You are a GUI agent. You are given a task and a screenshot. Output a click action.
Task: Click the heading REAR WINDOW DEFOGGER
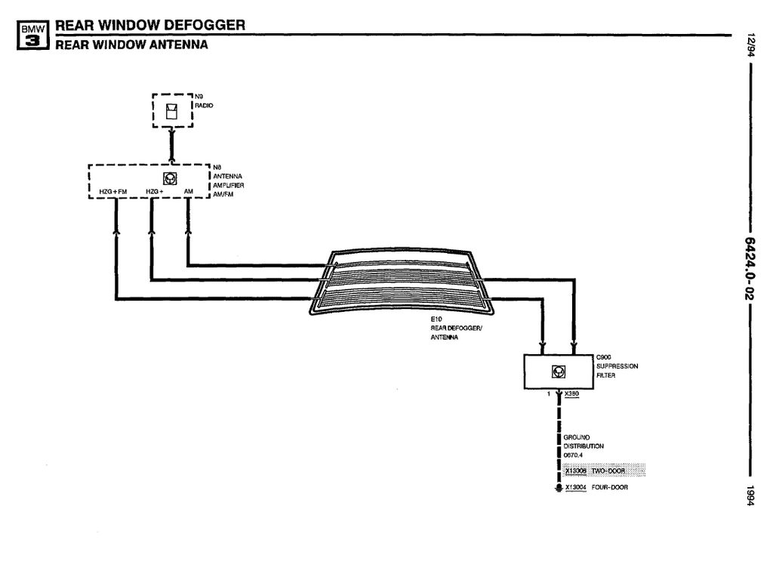150,25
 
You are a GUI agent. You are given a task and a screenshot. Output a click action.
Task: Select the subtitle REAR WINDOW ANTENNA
131,45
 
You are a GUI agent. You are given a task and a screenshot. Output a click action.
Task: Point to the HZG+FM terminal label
113,192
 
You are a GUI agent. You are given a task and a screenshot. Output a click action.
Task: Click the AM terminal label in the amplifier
188,192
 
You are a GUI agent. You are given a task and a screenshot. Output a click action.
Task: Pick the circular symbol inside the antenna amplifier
171,178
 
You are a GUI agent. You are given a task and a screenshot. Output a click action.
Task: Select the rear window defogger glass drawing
400,282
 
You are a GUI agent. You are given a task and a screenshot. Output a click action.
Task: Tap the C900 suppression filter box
558,371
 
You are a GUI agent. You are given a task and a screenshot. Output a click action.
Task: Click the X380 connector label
571,394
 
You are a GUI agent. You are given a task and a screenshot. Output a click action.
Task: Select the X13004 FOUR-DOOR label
596,488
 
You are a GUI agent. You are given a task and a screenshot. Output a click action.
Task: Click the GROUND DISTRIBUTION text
583,446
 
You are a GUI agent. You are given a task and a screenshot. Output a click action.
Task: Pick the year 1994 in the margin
750,495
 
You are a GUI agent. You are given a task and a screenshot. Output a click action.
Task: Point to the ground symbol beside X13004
558,489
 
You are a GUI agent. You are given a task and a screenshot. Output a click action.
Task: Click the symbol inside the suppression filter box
558,371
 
